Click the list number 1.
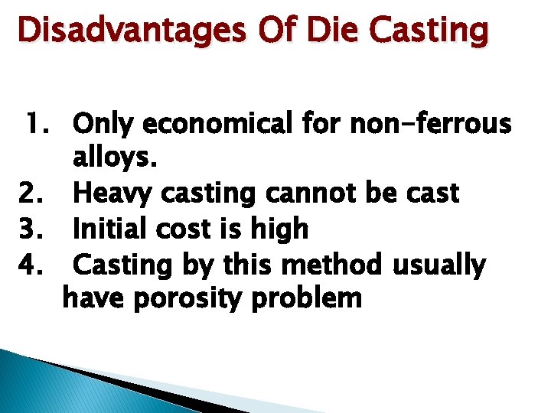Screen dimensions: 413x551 tap(40, 123)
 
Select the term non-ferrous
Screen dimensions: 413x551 tap(430, 123)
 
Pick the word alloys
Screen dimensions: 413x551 tap(116, 158)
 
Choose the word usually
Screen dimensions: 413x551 tap(439, 265)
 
